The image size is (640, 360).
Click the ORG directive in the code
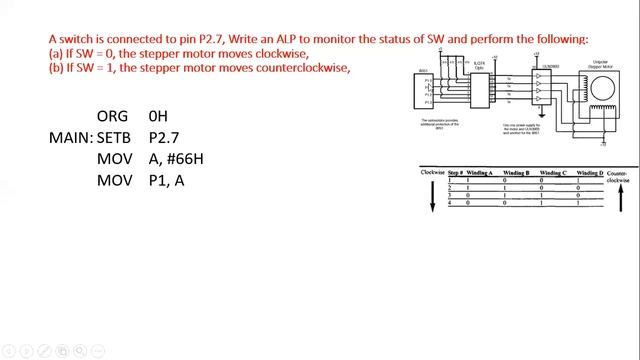pyautogui.click(x=112, y=117)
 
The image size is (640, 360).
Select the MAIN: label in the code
pyautogui.click(x=71, y=138)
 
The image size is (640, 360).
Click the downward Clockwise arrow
pyautogui.click(x=433, y=194)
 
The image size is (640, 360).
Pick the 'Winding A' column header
pyautogui.click(x=485, y=173)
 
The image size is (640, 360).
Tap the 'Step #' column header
pyautogui.click(x=455, y=173)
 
